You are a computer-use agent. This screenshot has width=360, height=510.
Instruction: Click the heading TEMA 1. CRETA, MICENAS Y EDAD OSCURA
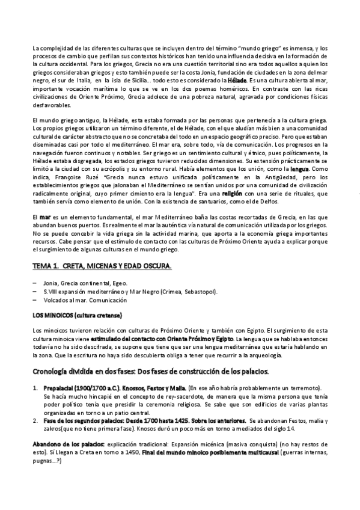(x=102, y=266)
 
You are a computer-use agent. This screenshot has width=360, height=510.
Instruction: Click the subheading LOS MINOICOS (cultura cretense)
(x=78, y=315)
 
